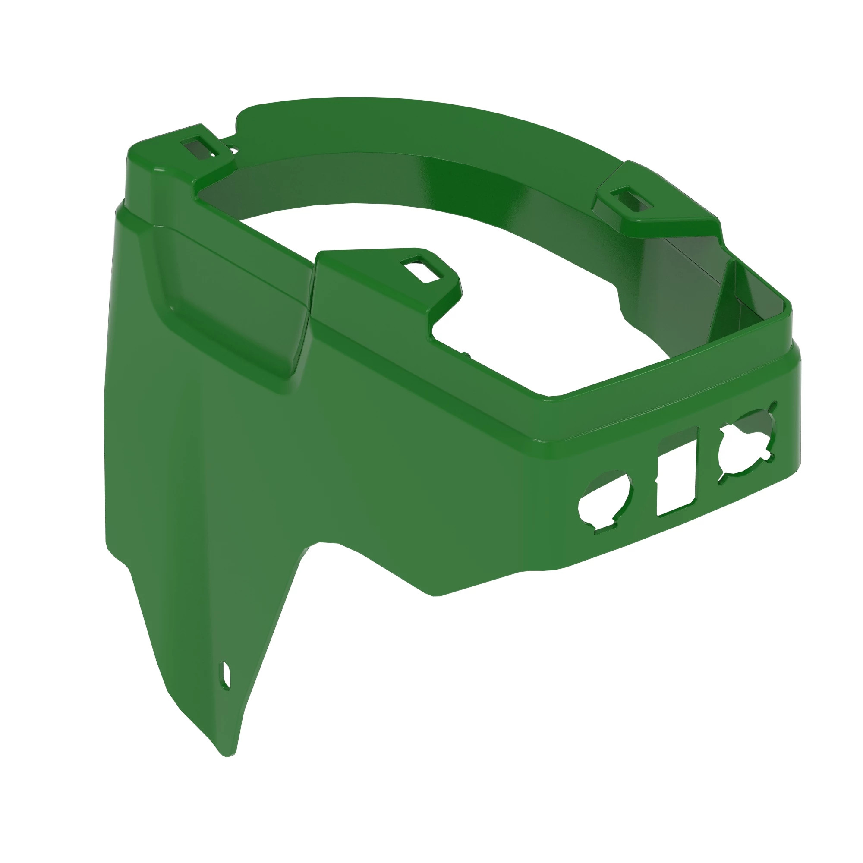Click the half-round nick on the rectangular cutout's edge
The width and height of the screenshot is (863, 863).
(x=657, y=481)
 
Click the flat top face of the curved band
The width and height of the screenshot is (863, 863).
(x=402, y=121)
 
